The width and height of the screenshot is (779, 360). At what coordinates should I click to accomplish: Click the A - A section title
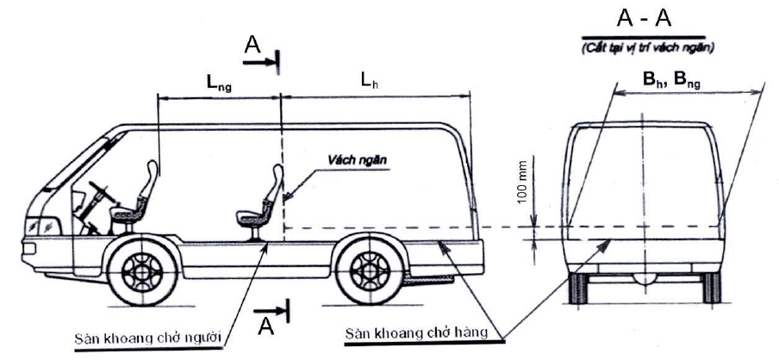[x=644, y=18]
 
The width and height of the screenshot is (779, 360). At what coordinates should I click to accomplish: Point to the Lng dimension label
[x=220, y=84]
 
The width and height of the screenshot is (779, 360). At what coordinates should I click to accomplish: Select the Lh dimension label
[x=370, y=82]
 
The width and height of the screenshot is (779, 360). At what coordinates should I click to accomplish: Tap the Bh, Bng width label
[x=671, y=80]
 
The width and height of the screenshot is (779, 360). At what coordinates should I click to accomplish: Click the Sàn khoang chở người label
[x=147, y=338]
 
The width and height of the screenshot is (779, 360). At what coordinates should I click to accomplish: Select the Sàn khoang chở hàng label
[x=416, y=332]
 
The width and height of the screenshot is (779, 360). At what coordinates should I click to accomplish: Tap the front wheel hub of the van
[x=142, y=271]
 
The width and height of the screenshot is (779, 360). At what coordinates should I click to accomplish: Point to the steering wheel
[x=103, y=191]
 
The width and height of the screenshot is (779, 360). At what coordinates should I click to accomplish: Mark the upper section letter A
[x=252, y=45]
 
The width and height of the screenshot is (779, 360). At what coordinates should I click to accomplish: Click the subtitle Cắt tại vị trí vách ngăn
[x=649, y=48]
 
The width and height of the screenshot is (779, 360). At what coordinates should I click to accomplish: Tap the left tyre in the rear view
[x=577, y=288]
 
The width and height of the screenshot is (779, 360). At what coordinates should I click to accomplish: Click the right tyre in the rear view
[x=711, y=288]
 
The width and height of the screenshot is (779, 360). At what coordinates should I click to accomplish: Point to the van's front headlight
[x=41, y=227]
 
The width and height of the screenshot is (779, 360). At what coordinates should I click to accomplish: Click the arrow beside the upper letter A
[x=259, y=62]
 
